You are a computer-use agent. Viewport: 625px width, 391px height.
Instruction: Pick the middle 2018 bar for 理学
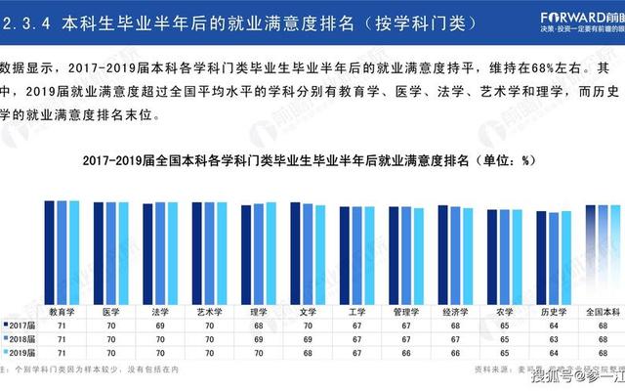coord(257,251)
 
